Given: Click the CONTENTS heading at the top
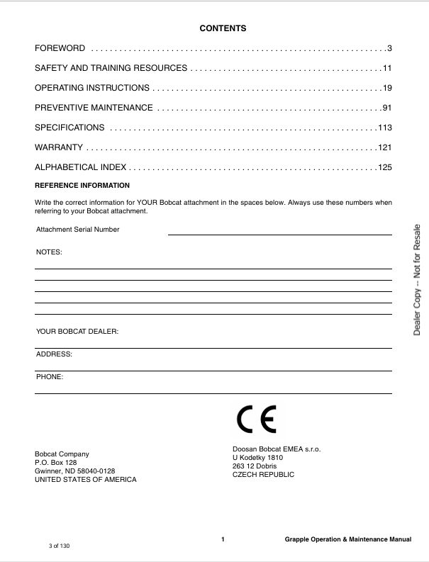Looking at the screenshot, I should pos(223,29).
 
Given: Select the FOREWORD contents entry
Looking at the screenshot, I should pos(60,48).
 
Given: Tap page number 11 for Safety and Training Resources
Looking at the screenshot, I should pos(387,68).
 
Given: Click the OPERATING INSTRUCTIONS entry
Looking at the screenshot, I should pos(92,88).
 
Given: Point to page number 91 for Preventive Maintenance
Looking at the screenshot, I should pos(387,108).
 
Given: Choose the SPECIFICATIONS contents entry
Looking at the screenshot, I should pos(69,128).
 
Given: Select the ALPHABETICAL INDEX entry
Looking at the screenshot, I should pos(81,167).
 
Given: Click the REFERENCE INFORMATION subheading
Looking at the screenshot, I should pos(82,186).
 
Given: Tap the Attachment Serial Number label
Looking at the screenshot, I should pos(78,230).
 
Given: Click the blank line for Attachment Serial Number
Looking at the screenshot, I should pos(279,233).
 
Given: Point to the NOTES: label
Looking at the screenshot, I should pos(49,252).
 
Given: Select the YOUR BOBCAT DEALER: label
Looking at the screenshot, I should pos(77,332).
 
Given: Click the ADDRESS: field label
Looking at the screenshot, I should pos(54,354).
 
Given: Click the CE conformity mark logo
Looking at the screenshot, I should pos(257,420).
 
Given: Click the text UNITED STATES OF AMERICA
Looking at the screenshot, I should pos(86,480).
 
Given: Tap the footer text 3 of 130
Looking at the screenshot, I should pos(60,546).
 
